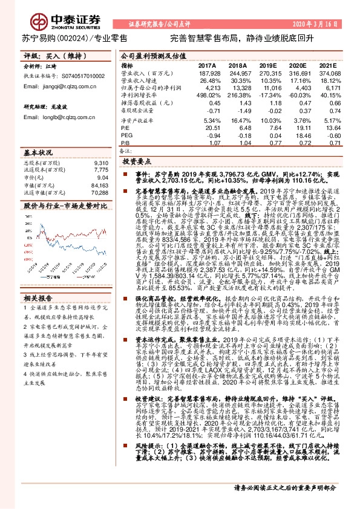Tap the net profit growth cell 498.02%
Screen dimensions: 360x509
pyautogui.click(x=207, y=96)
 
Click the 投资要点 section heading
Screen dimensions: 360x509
pyautogui.click(x=136, y=163)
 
